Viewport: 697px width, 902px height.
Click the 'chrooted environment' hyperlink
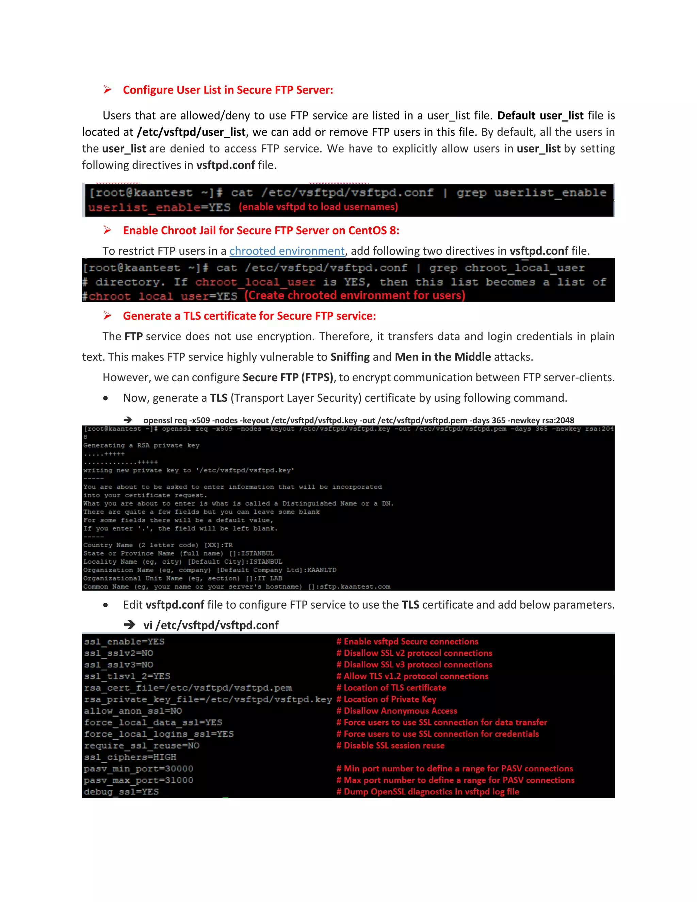pyautogui.click(x=287, y=251)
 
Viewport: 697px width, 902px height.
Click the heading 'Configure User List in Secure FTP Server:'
pyautogui.click(x=228, y=90)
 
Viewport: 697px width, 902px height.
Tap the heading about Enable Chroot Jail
pyautogui.click(x=261, y=230)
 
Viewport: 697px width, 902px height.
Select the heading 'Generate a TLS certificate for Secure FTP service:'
pyautogui.click(x=249, y=316)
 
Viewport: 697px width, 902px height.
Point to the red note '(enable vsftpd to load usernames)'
pyautogui.click(x=318, y=207)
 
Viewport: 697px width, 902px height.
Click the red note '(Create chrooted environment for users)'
pyautogui.click(x=355, y=296)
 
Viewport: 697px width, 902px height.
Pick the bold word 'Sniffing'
pyautogui.click(x=350, y=357)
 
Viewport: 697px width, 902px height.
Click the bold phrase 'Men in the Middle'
pyautogui.click(x=443, y=357)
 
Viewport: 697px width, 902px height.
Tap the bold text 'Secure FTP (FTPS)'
pyautogui.click(x=288, y=377)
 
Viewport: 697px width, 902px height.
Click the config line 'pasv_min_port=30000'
pyautogui.click(x=138, y=769)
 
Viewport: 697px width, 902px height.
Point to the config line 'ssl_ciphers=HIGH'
pyautogui.click(x=130, y=757)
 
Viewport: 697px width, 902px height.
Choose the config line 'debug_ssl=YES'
pyautogui.click(x=121, y=792)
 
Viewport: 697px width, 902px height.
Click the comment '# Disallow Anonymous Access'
pyautogui.click(x=397, y=711)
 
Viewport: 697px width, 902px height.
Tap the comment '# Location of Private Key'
pyautogui.click(x=386, y=699)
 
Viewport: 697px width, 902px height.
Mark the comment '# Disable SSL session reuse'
pyautogui.click(x=391, y=745)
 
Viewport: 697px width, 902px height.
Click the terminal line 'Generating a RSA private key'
pyautogui.click(x=141, y=446)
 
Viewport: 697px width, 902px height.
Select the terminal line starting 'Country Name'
pyautogui.click(x=158, y=545)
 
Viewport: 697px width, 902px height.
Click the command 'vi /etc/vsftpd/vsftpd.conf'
pyautogui.click(x=211, y=625)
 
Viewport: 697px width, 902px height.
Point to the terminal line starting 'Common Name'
pyautogui.click(x=236, y=587)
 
